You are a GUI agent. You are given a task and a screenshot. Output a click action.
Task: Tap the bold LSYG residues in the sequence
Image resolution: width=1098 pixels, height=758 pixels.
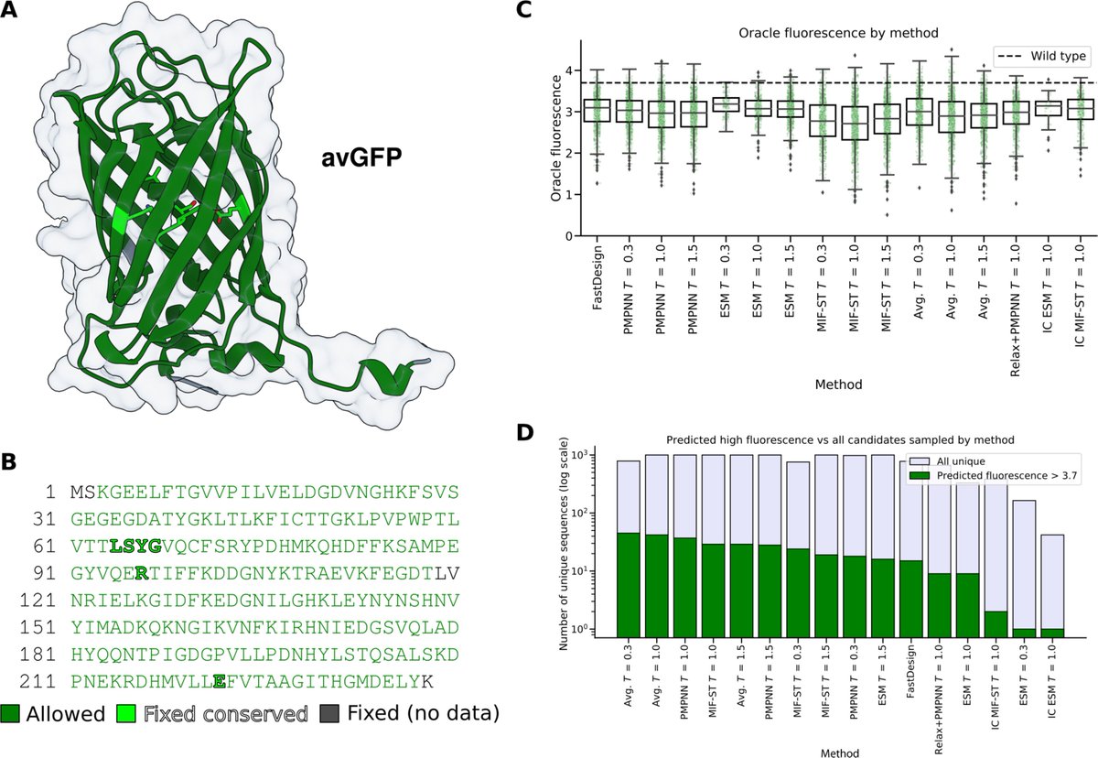coord(135,547)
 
